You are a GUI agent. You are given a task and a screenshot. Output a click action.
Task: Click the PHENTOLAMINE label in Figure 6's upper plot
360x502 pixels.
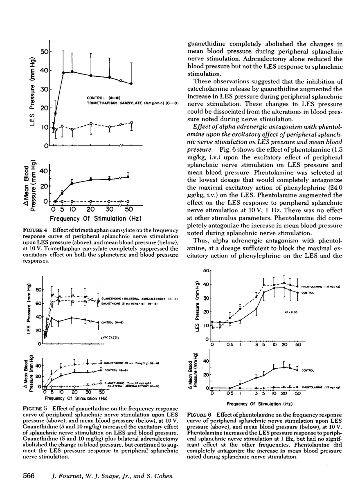[314, 287]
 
